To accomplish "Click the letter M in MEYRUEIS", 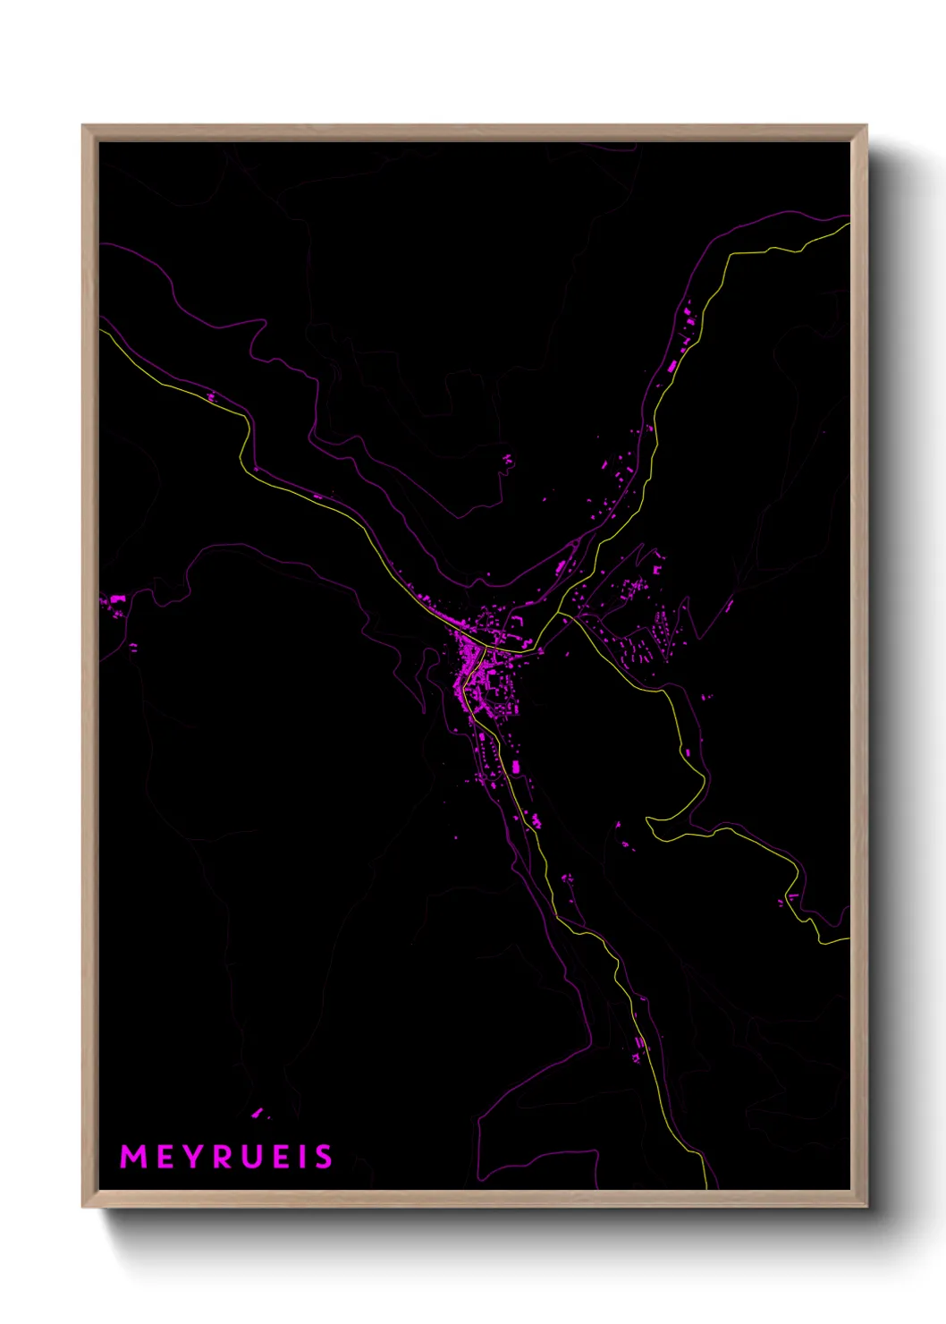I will click(133, 1157).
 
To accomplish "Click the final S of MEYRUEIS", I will click(323, 1157).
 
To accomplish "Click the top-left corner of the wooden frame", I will click(83, 126).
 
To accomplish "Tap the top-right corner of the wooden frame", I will click(866, 126).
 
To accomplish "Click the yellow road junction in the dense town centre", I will click(484, 646).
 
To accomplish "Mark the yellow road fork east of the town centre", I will click(559, 614).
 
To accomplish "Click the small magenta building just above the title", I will click(258, 1112).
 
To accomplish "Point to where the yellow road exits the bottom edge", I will click(706, 1187).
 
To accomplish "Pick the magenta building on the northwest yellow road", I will click(211, 396).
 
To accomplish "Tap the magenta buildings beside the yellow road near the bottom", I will click(638, 1048).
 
